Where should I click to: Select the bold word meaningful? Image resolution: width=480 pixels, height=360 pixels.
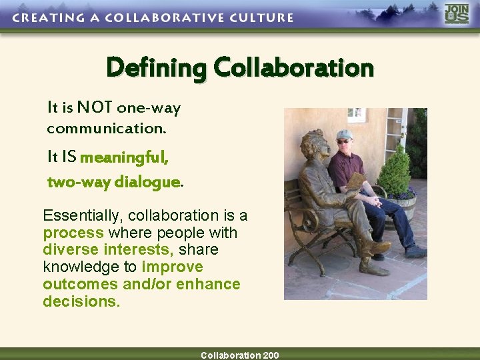pos(124,158)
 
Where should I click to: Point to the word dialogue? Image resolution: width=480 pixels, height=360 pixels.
pos(147,182)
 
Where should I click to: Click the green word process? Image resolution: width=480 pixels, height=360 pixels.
pos(73,233)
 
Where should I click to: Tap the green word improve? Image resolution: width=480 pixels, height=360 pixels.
pos(172,267)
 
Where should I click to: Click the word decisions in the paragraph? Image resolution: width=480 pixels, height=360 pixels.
pos(80,301)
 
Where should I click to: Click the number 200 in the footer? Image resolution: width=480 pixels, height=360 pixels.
pos(271,355)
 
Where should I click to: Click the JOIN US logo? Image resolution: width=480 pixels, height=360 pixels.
pos(457,14)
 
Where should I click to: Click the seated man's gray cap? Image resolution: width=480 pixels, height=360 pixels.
pos(345,134)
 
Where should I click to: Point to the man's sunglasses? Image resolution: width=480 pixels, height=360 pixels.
pos(344,141)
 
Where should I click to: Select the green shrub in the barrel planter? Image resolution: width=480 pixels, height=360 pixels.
pos(395,171)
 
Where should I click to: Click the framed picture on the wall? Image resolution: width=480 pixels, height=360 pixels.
pos(356,114)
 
